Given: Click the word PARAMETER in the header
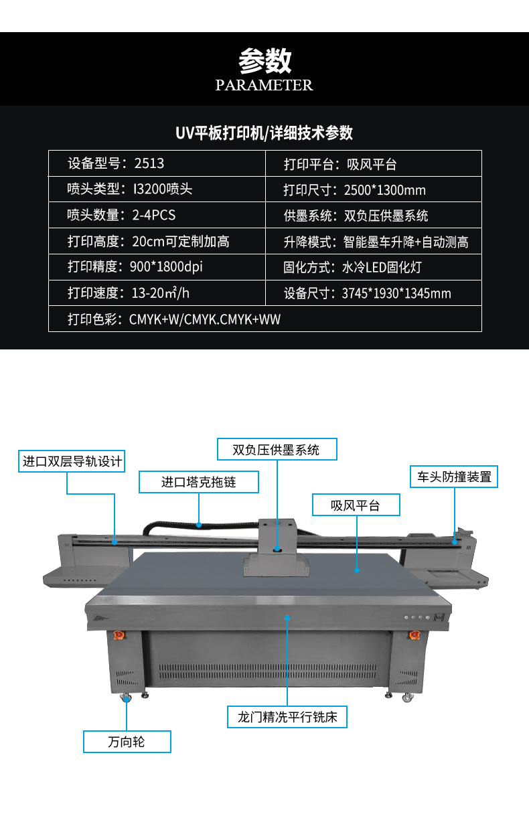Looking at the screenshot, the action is pyautogui.click(x=264, y=85).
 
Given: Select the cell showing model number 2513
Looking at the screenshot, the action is pyautogui.click(x=157, y=163).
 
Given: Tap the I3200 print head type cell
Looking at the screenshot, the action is pyautogui.click(x=157, y=189).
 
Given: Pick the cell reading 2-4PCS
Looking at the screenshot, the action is pyautogui.click(x=157, y=215).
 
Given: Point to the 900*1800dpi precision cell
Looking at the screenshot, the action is pyautogui.click(x=157, y=266).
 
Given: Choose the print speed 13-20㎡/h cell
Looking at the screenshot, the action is pyautogui.click(x=157, y=293).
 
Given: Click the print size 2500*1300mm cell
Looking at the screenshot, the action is pyautogui.click(x=374, y=189).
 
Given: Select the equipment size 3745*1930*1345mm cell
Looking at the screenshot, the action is pyautogui.click(x=374, y=293).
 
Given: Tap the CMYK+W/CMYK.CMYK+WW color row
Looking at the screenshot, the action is pyautogui.click(x=265, y=319).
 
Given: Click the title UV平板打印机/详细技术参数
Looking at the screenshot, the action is pyautogui.click(x=264, y=133).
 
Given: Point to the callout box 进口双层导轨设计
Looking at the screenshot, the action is pyautogui.click(x=72, y=461).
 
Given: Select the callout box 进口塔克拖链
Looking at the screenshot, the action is pyautogui.click(x=198, y=482).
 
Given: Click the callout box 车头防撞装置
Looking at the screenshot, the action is pyautogui.click(x=454, y=477).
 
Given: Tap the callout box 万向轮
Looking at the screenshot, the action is pyautogui.click(x=127, y=742).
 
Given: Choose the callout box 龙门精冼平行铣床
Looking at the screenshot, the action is pyautogui.click(x=287, y=717).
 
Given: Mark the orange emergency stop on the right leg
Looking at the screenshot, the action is pyautogui.click(x=414, y=635).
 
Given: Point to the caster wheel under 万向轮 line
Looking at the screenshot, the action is pyautogui.click(x=126, y=698).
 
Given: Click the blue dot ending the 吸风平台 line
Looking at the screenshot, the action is pyautogui.click(x=357, y=570).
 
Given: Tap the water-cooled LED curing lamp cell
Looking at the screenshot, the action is pyautogui.click(x=374, y=266).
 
